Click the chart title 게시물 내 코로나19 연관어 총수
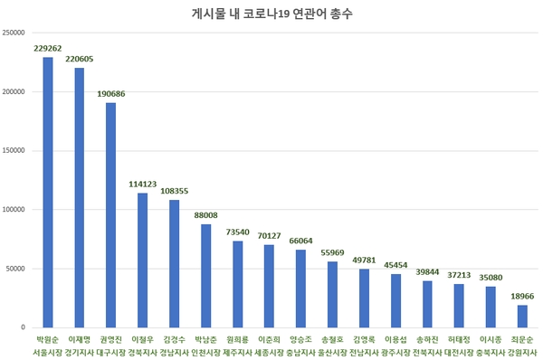click(271, 15)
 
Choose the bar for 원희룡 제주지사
click(237, 283)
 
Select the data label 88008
click(205, 215)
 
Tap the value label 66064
click(300, 242)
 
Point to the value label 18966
click(522, 297)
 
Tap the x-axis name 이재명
click(79, 338)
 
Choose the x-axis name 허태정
click(459, 338)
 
